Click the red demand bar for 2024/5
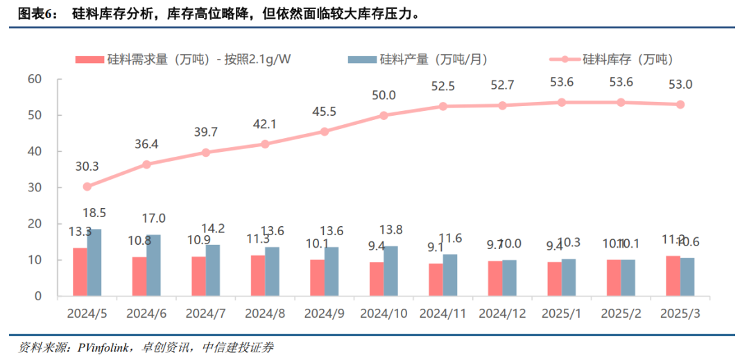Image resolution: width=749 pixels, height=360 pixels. pos(80,272)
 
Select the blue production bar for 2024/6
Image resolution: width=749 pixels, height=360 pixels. pos(153,266)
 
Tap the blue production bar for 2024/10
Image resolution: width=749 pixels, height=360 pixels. pos(390,271)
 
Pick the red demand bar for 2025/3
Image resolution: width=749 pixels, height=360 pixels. pos(673,276)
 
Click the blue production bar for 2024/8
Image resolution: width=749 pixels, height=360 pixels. pos(272,271)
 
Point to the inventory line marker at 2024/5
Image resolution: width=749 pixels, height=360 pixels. pos(87,187)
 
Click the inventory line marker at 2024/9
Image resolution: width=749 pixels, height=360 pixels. pos(325,131)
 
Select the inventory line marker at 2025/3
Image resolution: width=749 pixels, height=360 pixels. pos(680,104)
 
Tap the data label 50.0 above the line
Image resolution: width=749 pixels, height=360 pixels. pos(384,95)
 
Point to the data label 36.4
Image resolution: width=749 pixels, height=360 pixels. pos(146,144)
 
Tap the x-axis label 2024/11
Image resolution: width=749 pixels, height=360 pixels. pos(442,313)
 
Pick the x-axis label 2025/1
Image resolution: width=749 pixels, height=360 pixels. pos(561,313)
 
